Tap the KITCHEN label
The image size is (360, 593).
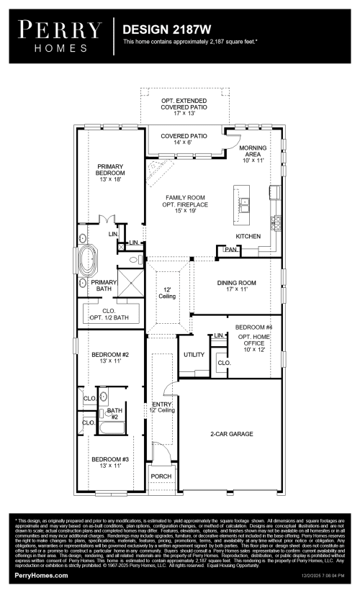[x=248, y=236]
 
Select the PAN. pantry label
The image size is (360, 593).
[x=230, y=250]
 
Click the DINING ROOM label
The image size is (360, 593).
[x=237, y=287]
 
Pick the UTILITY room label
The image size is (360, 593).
[x=194, y=355]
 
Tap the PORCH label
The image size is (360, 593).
[x=160, y=476]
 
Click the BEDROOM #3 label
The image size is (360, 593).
[x=110, y=462]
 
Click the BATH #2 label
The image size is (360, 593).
[x=112, y=415]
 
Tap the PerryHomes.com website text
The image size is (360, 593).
[x=41, y=576]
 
